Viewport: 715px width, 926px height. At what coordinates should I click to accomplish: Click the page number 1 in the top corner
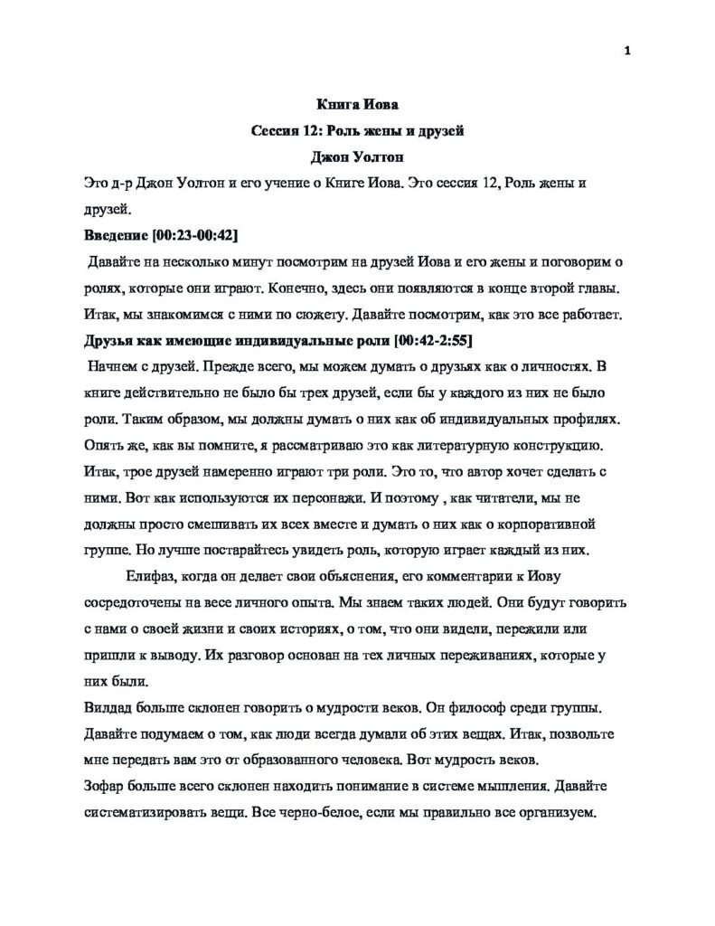pos(626,50)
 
